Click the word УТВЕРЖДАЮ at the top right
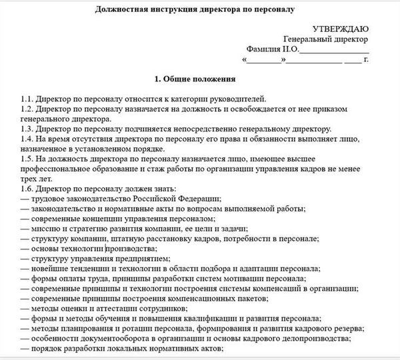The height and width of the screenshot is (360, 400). pos(339,29)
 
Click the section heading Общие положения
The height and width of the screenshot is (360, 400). pos(199,80)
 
